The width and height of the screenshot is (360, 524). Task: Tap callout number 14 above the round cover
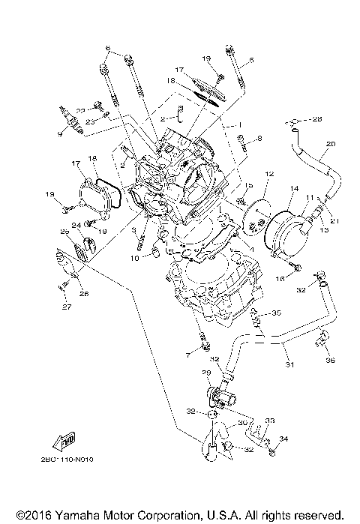pos(293,189)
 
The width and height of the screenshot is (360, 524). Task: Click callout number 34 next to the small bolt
pos(283,439)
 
